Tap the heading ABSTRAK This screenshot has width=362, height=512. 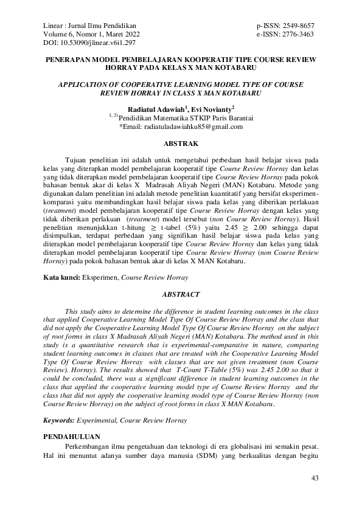[x=181, y=145]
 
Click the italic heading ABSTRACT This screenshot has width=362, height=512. [x=181, y=294]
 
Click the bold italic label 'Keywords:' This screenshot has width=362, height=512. [x=58, y=420]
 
